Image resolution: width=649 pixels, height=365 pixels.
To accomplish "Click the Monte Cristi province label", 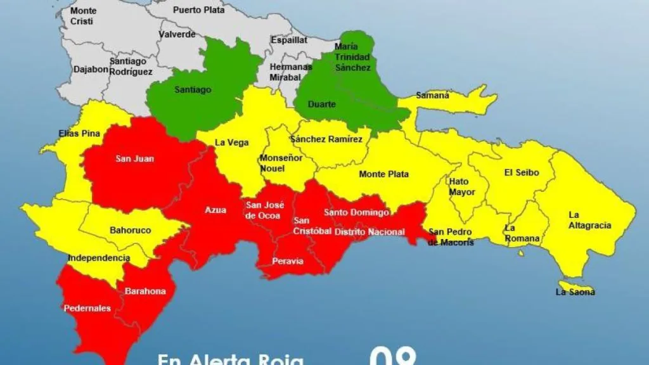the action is point(83,16).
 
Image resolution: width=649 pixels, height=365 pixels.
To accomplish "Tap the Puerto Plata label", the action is point(198,10).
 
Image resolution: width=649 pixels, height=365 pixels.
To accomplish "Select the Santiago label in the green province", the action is point(193,90).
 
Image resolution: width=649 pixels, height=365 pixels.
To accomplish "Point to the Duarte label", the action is point(321,104).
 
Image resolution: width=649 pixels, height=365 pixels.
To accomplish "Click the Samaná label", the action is point(432,96).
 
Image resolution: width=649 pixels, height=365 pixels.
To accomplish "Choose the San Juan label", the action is point(134,158).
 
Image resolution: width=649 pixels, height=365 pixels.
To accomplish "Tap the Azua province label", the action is point(215,210).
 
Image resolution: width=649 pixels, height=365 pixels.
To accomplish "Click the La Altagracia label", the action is point(589,220).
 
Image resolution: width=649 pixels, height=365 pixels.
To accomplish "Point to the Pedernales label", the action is point(87,309).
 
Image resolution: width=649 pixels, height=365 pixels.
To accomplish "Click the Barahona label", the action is point(145,291).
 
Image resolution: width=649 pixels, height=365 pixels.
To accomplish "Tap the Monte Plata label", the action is point(383,174).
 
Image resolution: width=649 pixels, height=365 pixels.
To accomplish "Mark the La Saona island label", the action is point(575,292).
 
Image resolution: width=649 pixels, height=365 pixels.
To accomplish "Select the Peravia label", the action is point(288,261).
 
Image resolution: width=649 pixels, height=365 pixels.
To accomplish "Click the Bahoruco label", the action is point(130,231).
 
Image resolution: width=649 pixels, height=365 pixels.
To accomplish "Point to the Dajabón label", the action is point(91,70).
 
